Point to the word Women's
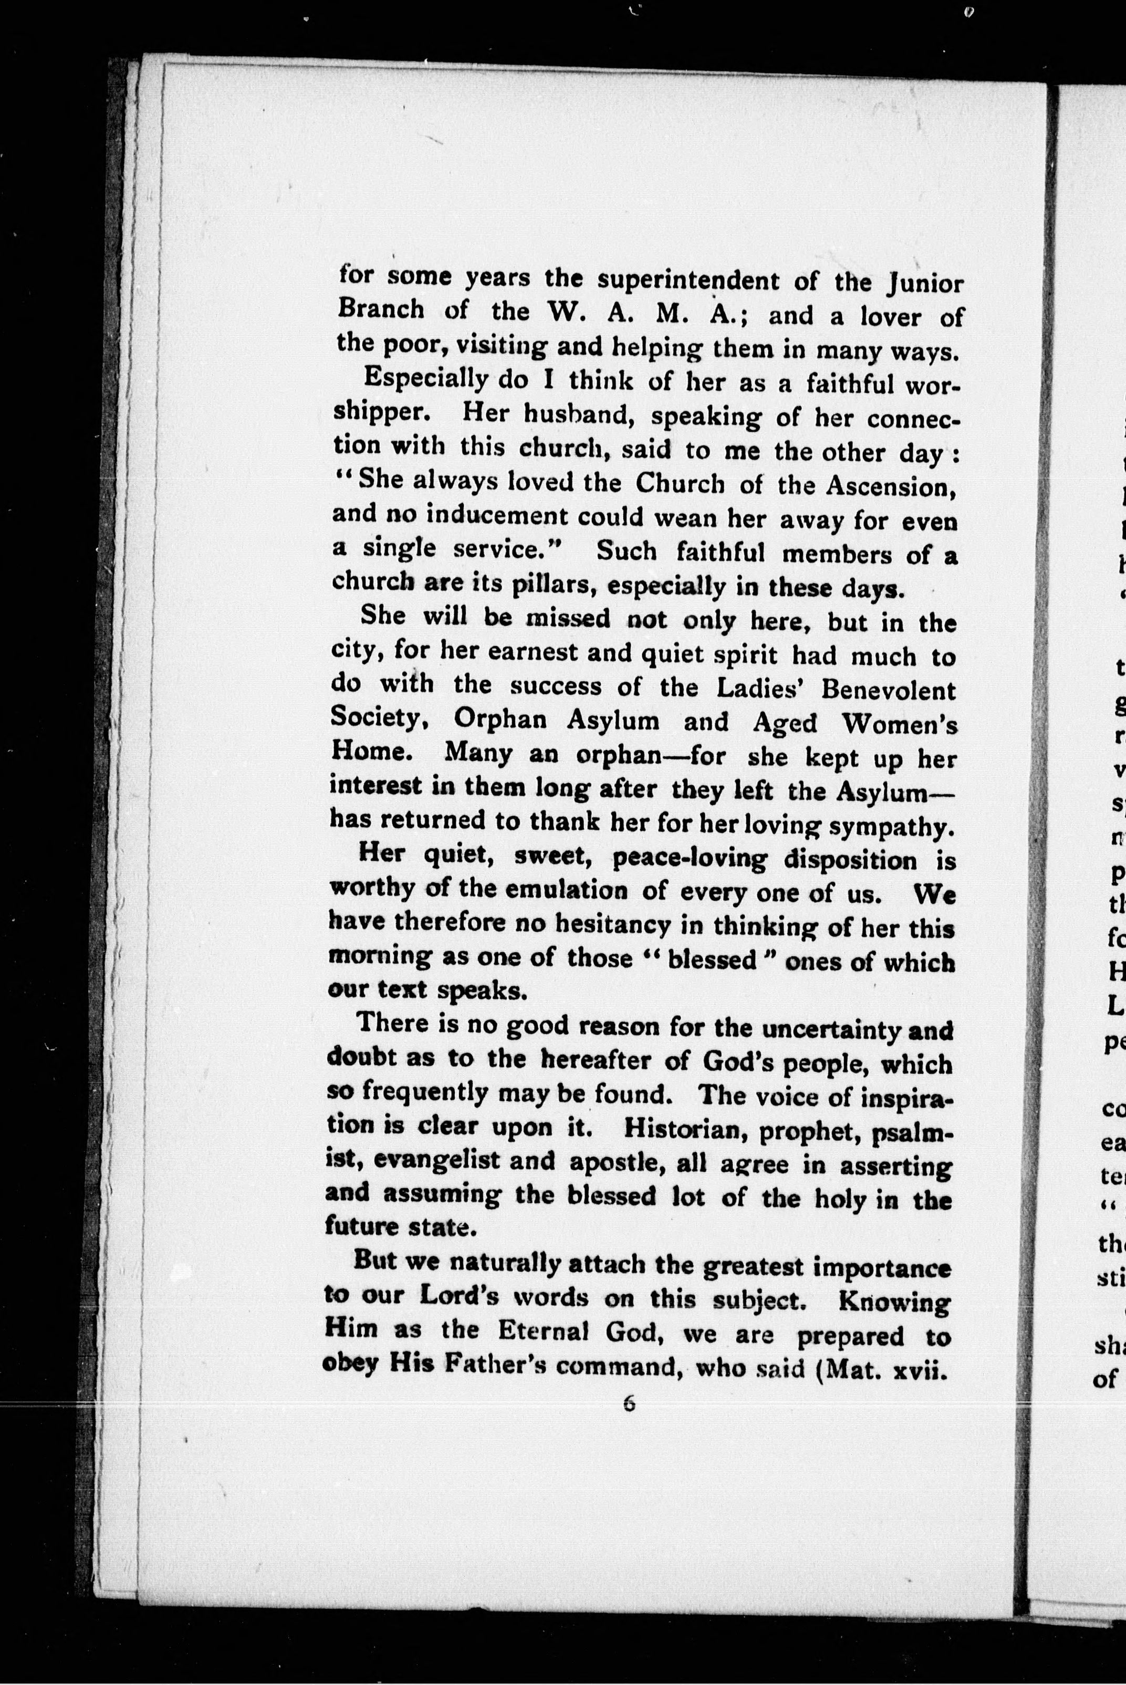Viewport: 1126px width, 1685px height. point(900,724)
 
